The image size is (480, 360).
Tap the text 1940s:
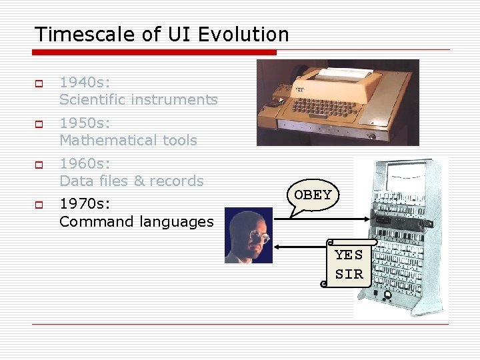click(x=85, y=83)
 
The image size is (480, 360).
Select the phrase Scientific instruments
click(x=138, y=100)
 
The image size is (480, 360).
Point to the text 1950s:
click(x=85, y=123)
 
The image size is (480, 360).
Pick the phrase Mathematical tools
click(x=128, y=141)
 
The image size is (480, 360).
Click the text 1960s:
click(x=85, y=164)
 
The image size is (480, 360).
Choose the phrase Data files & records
click(x=131, y=181)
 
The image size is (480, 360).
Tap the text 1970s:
click(x=85, y=205)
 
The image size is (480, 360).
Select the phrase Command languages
click(x=137, y=222)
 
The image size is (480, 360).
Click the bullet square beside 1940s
click(x=38, y=83)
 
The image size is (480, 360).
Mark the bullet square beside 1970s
click(x=38, y=205)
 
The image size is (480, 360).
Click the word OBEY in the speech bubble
click(x=313, y=195)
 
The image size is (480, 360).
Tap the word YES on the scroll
click(x=349, y=255)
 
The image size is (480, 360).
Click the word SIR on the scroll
click(x=349, y=274)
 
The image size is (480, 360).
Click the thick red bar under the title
click(x=155, y=52)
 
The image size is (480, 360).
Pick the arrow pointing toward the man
click(x=300, y=247)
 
